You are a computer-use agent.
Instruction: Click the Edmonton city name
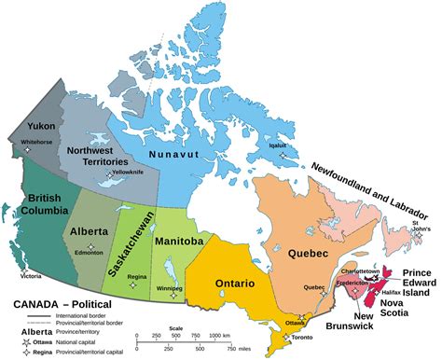click(90, 252)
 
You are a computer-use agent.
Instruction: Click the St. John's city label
click(422, 228)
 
